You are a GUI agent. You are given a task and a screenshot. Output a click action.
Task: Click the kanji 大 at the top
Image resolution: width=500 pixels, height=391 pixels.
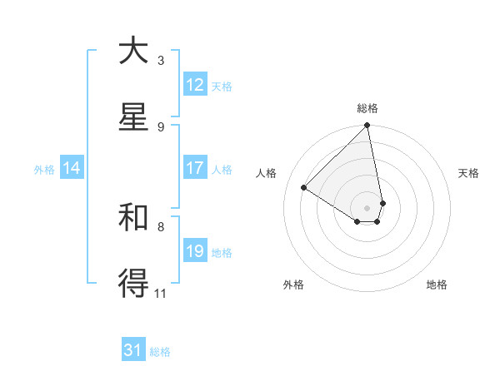click(133, 51)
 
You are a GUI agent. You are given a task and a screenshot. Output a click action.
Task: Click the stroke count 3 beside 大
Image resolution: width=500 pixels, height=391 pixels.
click(160, 60)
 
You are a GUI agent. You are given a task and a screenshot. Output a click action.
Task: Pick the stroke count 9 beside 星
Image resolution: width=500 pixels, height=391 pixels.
click(160, 126)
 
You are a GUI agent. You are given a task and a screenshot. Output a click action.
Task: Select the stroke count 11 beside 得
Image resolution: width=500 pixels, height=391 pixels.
click(161, 293)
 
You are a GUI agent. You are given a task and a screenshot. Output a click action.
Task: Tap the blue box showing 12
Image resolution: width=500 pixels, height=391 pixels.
click(195, 85)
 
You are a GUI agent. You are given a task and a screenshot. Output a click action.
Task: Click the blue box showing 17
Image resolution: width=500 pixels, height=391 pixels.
click(195, 168)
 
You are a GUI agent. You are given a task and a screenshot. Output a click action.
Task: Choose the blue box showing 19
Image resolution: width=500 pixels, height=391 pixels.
click(195, 251)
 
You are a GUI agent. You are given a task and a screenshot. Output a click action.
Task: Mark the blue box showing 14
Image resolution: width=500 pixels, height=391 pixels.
click(72, 168)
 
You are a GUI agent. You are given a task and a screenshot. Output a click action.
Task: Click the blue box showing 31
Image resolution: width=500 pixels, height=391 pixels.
click(133, 351)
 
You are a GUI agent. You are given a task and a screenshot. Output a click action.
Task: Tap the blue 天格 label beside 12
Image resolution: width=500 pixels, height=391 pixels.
click(222, 87)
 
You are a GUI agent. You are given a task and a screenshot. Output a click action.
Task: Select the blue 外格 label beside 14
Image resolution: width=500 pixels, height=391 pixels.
click(44, 170)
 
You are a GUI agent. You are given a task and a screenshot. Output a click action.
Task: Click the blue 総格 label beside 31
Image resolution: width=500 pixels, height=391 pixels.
click(160, 353)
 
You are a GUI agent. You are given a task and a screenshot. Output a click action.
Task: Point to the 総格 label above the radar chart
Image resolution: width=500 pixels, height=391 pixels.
click(367, 108)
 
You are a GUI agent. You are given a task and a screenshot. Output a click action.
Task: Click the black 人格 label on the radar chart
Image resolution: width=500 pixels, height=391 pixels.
click(267, 173)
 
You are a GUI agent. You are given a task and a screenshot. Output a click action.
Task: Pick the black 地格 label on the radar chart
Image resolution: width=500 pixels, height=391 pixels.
click(437, 285)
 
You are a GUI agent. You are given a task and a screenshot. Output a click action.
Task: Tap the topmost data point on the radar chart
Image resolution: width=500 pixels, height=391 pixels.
click(367, 126)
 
